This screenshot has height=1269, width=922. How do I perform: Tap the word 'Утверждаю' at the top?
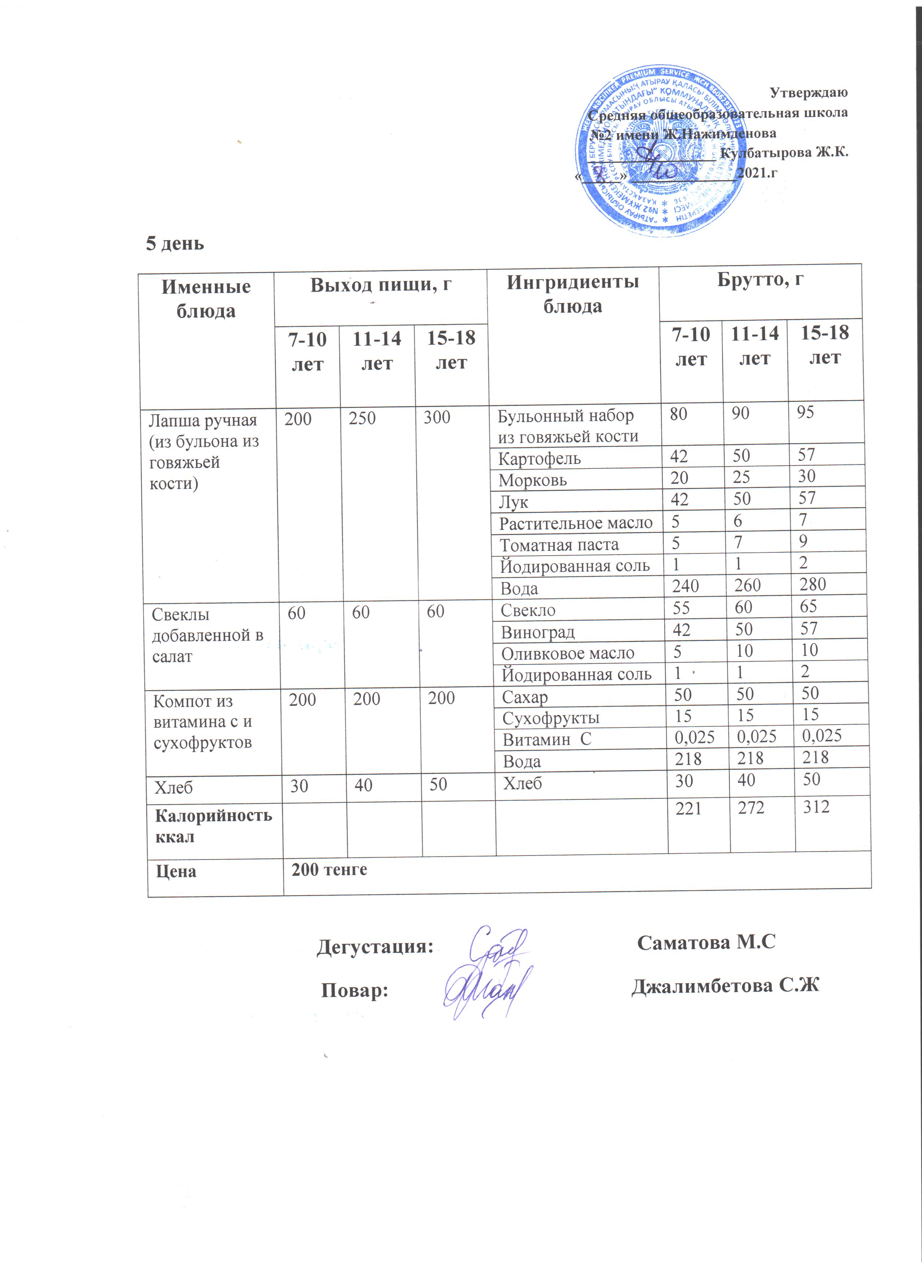(x=808, y=92)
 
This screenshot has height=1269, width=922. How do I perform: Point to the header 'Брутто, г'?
(x=760, y=279)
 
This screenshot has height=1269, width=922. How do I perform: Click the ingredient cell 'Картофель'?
(x=539, y=459)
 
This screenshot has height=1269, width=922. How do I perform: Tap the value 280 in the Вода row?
(x=812, y=585)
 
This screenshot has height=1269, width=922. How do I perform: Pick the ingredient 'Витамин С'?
(x=547, y=740)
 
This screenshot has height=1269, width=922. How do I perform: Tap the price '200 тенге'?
(x=329, y=870)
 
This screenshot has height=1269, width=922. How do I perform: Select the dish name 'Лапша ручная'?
(x=202, y=420)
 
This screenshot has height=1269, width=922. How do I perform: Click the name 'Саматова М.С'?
(x=706, y=943)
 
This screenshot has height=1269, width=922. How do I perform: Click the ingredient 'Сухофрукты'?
(x=550, y=718)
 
